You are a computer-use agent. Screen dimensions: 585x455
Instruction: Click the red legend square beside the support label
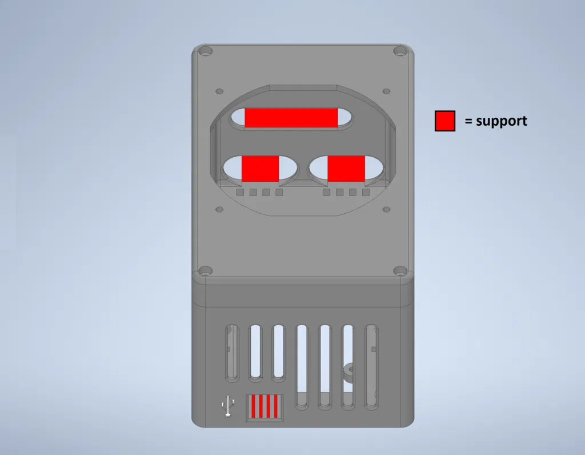click(x=444, y=121)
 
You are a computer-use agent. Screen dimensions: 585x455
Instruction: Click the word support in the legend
click(x=502, y=122)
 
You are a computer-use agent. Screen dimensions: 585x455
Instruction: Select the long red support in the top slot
click(x=291, y=118)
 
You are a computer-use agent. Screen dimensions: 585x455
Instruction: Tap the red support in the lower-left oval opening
click(x=261, y=169)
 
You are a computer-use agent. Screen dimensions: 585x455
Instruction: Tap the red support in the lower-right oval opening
click(x=346, y=169)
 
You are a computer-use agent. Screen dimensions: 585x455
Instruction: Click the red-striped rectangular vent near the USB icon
click(x=265, y=408)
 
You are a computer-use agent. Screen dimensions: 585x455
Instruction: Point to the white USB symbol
click(x=228, y=406)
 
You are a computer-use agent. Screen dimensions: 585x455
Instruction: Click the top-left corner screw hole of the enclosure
click(x=205, y=51)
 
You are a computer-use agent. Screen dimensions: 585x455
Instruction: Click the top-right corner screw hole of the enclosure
click(x=400, y=51)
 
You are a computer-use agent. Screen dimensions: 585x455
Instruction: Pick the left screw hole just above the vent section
click(x=205, y=270)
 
